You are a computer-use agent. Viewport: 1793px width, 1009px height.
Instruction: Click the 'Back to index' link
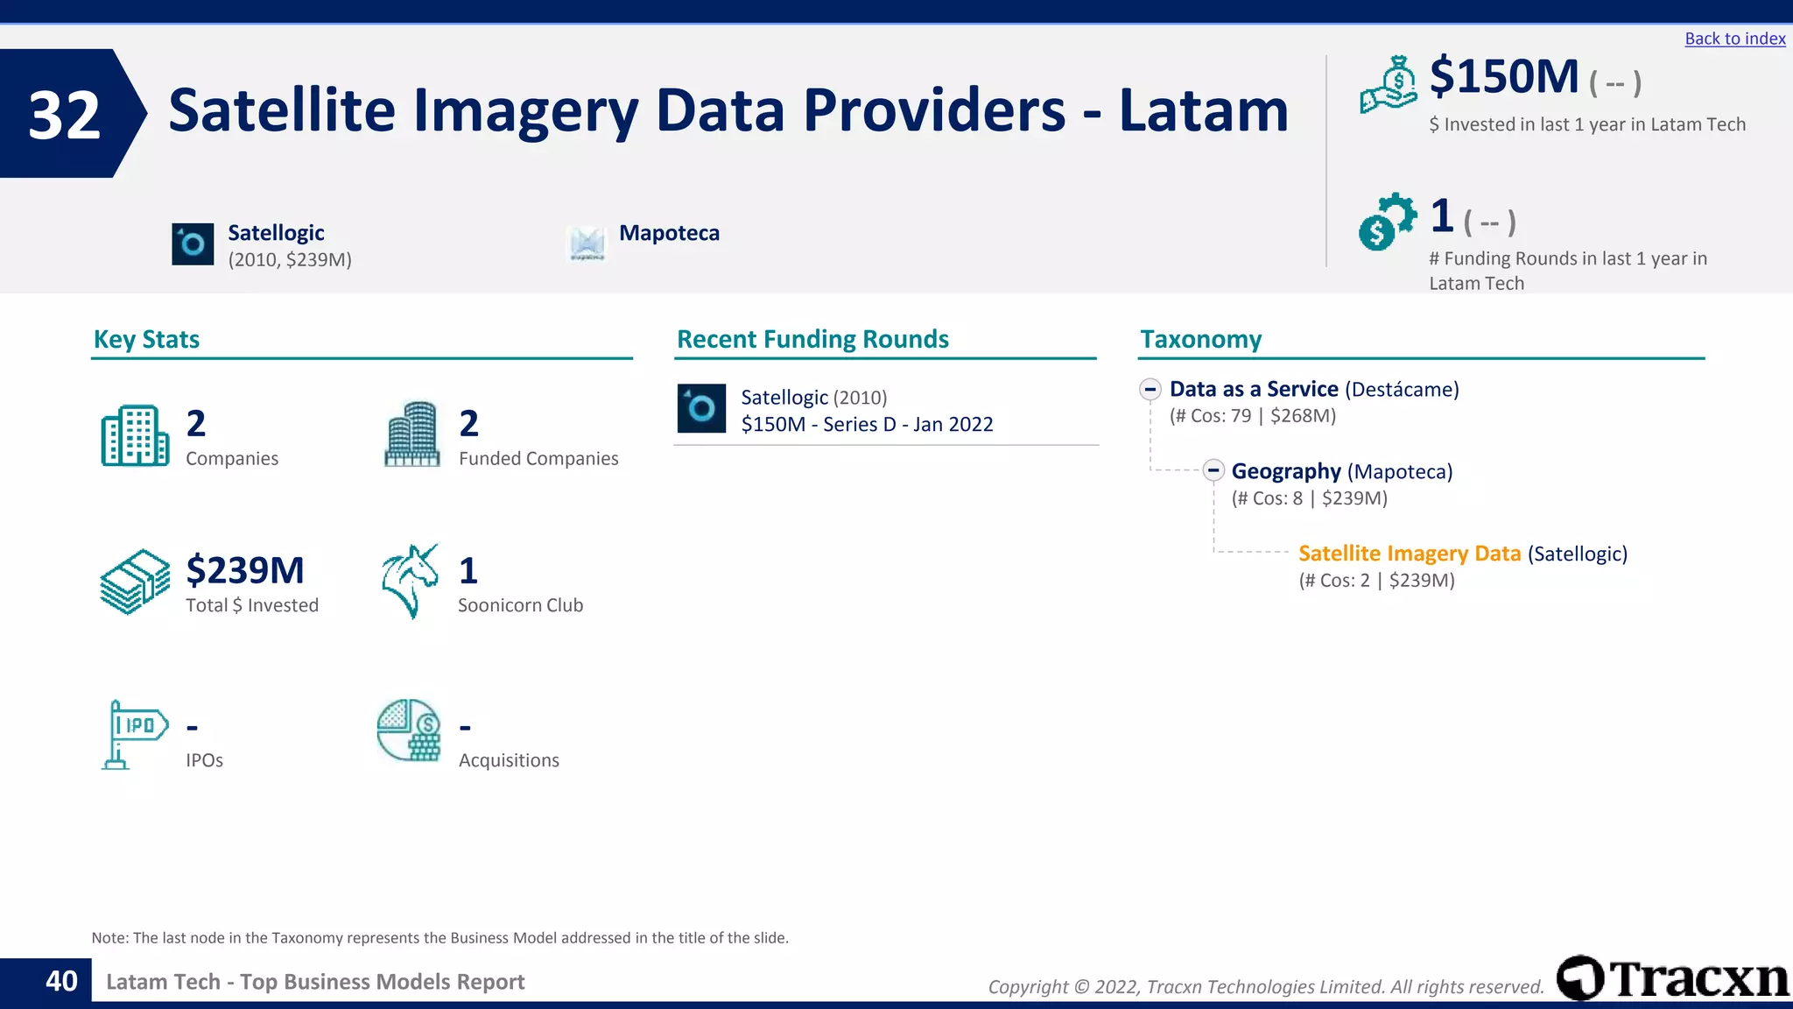(x=1734, y=39)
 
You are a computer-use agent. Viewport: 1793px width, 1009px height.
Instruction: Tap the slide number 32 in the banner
(x=64, y=115)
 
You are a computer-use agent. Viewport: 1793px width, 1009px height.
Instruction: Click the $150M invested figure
(x=1503, y=77)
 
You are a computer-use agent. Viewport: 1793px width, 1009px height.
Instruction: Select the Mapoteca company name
(x=669, y=233)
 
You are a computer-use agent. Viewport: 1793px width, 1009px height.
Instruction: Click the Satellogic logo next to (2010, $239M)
(x=193, y=244)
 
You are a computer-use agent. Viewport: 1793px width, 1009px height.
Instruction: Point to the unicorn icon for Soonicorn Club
(x=410, y=581)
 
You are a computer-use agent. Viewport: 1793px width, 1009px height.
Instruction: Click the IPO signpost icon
(x=133, y=734)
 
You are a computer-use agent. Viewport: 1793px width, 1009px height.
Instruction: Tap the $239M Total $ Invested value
(x=245, y=570)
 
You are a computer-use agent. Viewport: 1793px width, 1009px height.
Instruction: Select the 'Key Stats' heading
(x=146, y=339)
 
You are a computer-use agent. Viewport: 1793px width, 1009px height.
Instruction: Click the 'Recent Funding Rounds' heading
(x=812, y=339)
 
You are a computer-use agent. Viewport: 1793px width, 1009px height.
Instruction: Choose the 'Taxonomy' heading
(x=1200, y=339)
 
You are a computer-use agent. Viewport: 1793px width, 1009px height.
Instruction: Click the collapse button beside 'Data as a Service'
(x=1150, y=390)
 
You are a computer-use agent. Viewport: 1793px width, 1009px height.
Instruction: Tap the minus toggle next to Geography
(x=1213, y=471)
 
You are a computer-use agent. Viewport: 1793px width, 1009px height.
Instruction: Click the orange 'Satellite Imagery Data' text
(x=1409, y=554)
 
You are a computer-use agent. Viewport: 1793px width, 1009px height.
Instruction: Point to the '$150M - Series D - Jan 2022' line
(x=867, y=425)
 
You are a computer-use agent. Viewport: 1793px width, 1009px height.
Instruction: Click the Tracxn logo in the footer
(x=1672, y=978)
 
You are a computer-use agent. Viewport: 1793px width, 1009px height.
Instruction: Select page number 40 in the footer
(x=61, y=981)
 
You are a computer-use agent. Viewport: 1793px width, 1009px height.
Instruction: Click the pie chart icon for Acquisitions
(x=409, y=730)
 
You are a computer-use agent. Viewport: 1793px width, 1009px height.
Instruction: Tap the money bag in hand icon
(x=1389, y=85)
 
